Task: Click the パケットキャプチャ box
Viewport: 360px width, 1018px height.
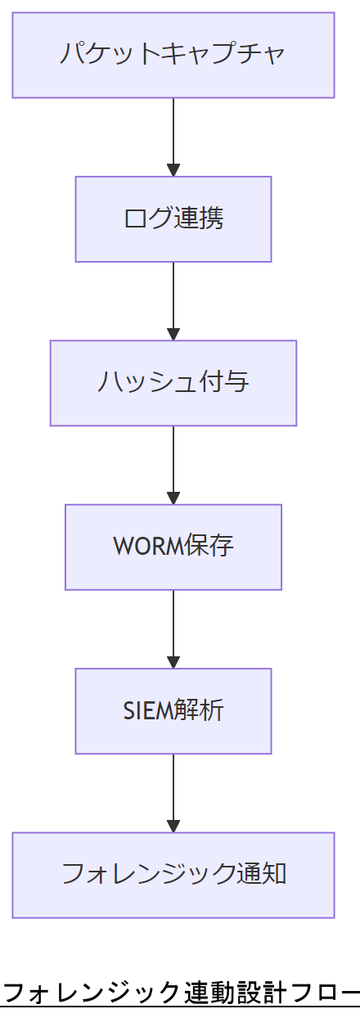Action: [173, 55]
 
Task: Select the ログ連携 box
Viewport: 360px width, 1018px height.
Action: [173, 218]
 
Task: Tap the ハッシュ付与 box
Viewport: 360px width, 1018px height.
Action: [173, 383]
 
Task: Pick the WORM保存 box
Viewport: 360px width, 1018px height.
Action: [173, 547]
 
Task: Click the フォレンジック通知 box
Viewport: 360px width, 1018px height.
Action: [173, 875]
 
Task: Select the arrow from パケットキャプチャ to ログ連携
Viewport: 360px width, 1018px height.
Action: [173, 135]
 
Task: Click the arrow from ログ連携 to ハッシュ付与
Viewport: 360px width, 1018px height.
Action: [173, 299]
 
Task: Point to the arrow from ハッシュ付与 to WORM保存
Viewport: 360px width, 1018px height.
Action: [173, 462]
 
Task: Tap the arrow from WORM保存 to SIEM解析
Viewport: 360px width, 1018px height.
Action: [173, 627]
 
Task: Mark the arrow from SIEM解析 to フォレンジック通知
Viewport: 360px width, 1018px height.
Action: [173, 791]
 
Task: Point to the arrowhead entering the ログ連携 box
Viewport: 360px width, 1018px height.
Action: [173, 170]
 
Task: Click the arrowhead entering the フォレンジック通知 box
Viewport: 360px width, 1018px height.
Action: [173, 826]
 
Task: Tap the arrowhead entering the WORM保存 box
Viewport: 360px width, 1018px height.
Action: [173, 498]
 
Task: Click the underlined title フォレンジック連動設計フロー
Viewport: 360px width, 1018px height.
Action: [180, 993]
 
